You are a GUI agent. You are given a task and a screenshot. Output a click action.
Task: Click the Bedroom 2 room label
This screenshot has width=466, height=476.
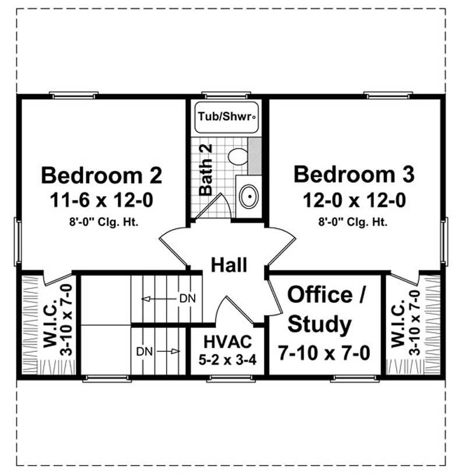(x=102, y=175)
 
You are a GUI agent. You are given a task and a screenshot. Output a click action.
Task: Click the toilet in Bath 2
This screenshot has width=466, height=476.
(x=237, y=156)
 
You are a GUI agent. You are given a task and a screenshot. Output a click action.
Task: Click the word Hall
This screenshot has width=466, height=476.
(x=229, y=265)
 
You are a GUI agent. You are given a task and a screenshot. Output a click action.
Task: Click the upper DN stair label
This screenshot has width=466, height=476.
(x=188, y=299)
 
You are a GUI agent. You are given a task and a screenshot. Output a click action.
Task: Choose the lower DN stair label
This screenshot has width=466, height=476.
(x=144, y=351)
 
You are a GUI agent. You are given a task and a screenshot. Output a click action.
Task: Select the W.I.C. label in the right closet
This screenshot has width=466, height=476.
(x=400, y=325)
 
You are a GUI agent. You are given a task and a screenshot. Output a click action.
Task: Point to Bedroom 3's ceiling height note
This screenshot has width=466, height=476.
(x=354, y=221)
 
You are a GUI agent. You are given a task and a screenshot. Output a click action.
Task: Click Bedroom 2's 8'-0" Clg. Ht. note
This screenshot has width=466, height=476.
(x=102, y=221)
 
